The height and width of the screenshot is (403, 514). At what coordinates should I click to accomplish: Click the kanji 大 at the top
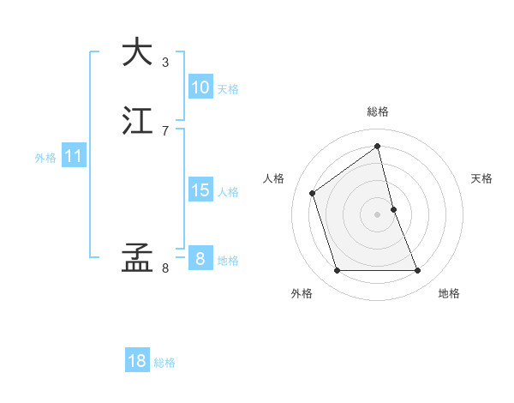(137, 51)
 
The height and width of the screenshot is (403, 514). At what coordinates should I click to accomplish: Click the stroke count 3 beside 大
(165, 62)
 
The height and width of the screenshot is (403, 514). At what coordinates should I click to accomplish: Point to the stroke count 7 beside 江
(165, 130)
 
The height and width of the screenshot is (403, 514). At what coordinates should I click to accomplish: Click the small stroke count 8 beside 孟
(165, 268)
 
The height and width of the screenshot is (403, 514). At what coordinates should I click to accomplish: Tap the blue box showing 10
(200, 87)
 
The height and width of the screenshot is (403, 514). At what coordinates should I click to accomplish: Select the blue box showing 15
(200, 190)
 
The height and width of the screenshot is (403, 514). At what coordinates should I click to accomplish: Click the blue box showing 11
(74, 156)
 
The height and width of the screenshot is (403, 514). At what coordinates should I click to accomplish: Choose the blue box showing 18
(137, 361)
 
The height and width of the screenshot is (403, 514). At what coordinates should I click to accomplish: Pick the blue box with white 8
(200, 259)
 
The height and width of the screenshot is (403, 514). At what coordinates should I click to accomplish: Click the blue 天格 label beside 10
(228, 88)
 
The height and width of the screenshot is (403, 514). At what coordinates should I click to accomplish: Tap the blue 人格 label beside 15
(228, 192)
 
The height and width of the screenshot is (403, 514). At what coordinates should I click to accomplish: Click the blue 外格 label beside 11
(45, 158)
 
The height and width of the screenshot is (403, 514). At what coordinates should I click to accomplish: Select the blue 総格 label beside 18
(164, 363)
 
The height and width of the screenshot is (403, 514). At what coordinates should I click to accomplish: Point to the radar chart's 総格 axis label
(378, 111)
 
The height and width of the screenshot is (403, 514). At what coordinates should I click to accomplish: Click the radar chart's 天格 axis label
(481, 178)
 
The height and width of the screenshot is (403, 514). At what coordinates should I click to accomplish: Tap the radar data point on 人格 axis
(312, 193)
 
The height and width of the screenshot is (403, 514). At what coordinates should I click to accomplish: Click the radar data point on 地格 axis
(418, 271)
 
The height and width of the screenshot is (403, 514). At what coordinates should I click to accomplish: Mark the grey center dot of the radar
(378, 214)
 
